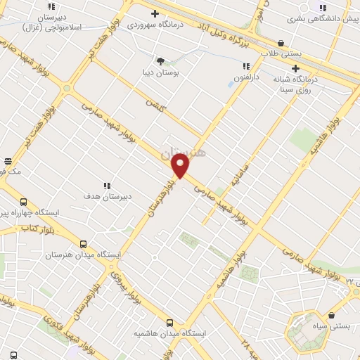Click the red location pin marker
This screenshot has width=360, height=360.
coord(181,166)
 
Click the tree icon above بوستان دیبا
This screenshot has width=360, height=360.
coord(160,61)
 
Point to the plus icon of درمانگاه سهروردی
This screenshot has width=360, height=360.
coord(155,13)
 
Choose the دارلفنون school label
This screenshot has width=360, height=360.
coord(246,78)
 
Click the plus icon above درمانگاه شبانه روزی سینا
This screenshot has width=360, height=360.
coord(295,68)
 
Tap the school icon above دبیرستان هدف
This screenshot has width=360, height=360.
coord(106,186)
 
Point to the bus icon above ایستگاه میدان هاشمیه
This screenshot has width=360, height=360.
coord(169,322)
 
